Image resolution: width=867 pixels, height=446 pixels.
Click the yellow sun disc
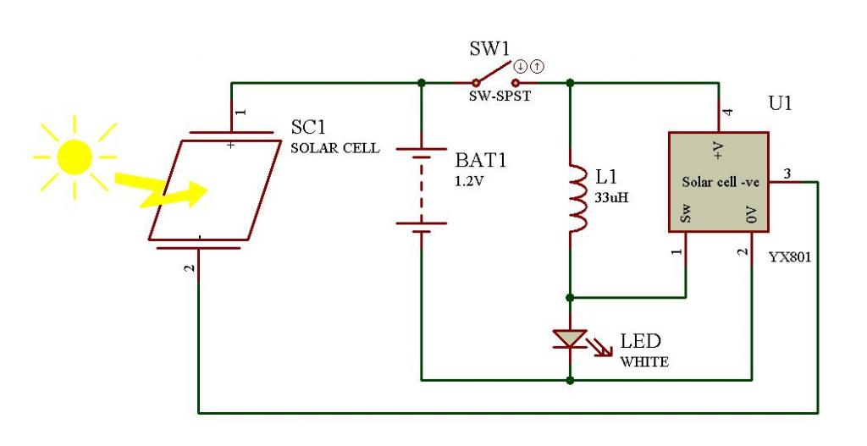tap(75, 157)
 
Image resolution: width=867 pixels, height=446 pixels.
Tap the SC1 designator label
tap(308, 127)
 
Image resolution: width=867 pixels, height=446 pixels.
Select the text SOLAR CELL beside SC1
tap(335, 148)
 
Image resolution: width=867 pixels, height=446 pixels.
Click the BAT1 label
tap(481, 160)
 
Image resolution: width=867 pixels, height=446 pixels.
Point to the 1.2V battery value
tap(469, 181)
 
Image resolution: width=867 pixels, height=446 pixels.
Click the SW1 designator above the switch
tap(489, 48)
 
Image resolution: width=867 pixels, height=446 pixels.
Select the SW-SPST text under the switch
tap(500, 96)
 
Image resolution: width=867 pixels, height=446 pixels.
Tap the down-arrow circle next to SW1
tap(521, 67)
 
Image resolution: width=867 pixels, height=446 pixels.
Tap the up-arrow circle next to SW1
tap(537, 67)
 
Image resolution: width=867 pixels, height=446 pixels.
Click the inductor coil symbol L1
tap(577, 197)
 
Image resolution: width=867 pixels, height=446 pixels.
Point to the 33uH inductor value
tap(611, 197)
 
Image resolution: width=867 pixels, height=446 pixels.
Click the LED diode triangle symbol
tap(570, 339)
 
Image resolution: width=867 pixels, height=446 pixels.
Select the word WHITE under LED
tap(644, 362)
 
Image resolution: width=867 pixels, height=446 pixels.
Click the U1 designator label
tap(780, 103)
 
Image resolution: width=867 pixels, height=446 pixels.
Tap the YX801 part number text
tap(790, 257)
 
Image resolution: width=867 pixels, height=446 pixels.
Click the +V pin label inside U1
tap(718, 151)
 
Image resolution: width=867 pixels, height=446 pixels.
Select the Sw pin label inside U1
tap(686, 213)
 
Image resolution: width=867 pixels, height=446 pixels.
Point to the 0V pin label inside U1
tap(751, 214)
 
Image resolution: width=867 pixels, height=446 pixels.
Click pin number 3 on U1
tap(787, 174)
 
